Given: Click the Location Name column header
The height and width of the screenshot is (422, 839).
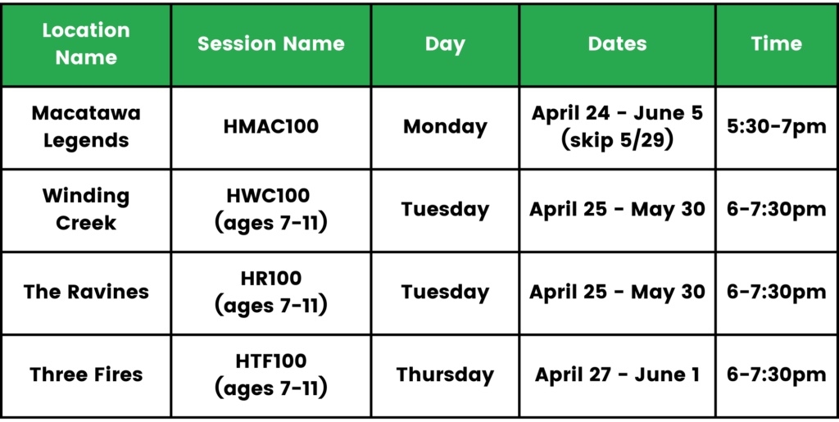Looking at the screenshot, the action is click(x=86, y=44).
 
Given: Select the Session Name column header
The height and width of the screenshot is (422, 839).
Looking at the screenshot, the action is click(x=270, y=44).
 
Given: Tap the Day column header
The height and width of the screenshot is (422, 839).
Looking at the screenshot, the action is click(x=445, y=45).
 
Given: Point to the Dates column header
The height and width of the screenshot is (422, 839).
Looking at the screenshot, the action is click(x=617, y=44).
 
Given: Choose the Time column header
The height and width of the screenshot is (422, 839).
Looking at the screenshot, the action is click(x=777, y=44).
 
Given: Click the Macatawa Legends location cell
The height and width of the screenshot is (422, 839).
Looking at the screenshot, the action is click(x=86, y=127).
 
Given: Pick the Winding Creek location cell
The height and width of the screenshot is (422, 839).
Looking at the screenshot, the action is click(x=86, y=210).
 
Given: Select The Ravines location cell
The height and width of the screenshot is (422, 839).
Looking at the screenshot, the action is click(x=86, y=292).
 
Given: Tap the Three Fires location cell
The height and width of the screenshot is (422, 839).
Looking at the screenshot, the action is click(x=86, y=374).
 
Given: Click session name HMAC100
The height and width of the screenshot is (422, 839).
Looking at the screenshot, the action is click(x=270, y=127).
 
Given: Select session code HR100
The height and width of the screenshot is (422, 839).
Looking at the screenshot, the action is click(x=270, y=278).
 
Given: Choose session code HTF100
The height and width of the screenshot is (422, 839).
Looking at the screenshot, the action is click(x=270, y=361).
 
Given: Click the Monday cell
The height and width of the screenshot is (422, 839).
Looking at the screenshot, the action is click(x=445, y=128).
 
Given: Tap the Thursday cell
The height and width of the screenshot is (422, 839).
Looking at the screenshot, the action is click(x=445, y=375).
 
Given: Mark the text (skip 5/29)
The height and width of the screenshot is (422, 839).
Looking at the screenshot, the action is click(x=617, y=142).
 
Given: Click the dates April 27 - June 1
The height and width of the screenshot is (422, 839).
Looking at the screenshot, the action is click(x=617, y=374).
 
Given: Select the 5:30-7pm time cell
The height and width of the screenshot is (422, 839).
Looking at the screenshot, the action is click(x=777, y=127).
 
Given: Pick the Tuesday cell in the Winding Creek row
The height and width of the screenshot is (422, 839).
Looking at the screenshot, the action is click(x=445, y=210).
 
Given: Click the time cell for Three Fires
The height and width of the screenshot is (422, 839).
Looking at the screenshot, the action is click(x=777, y=374).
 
